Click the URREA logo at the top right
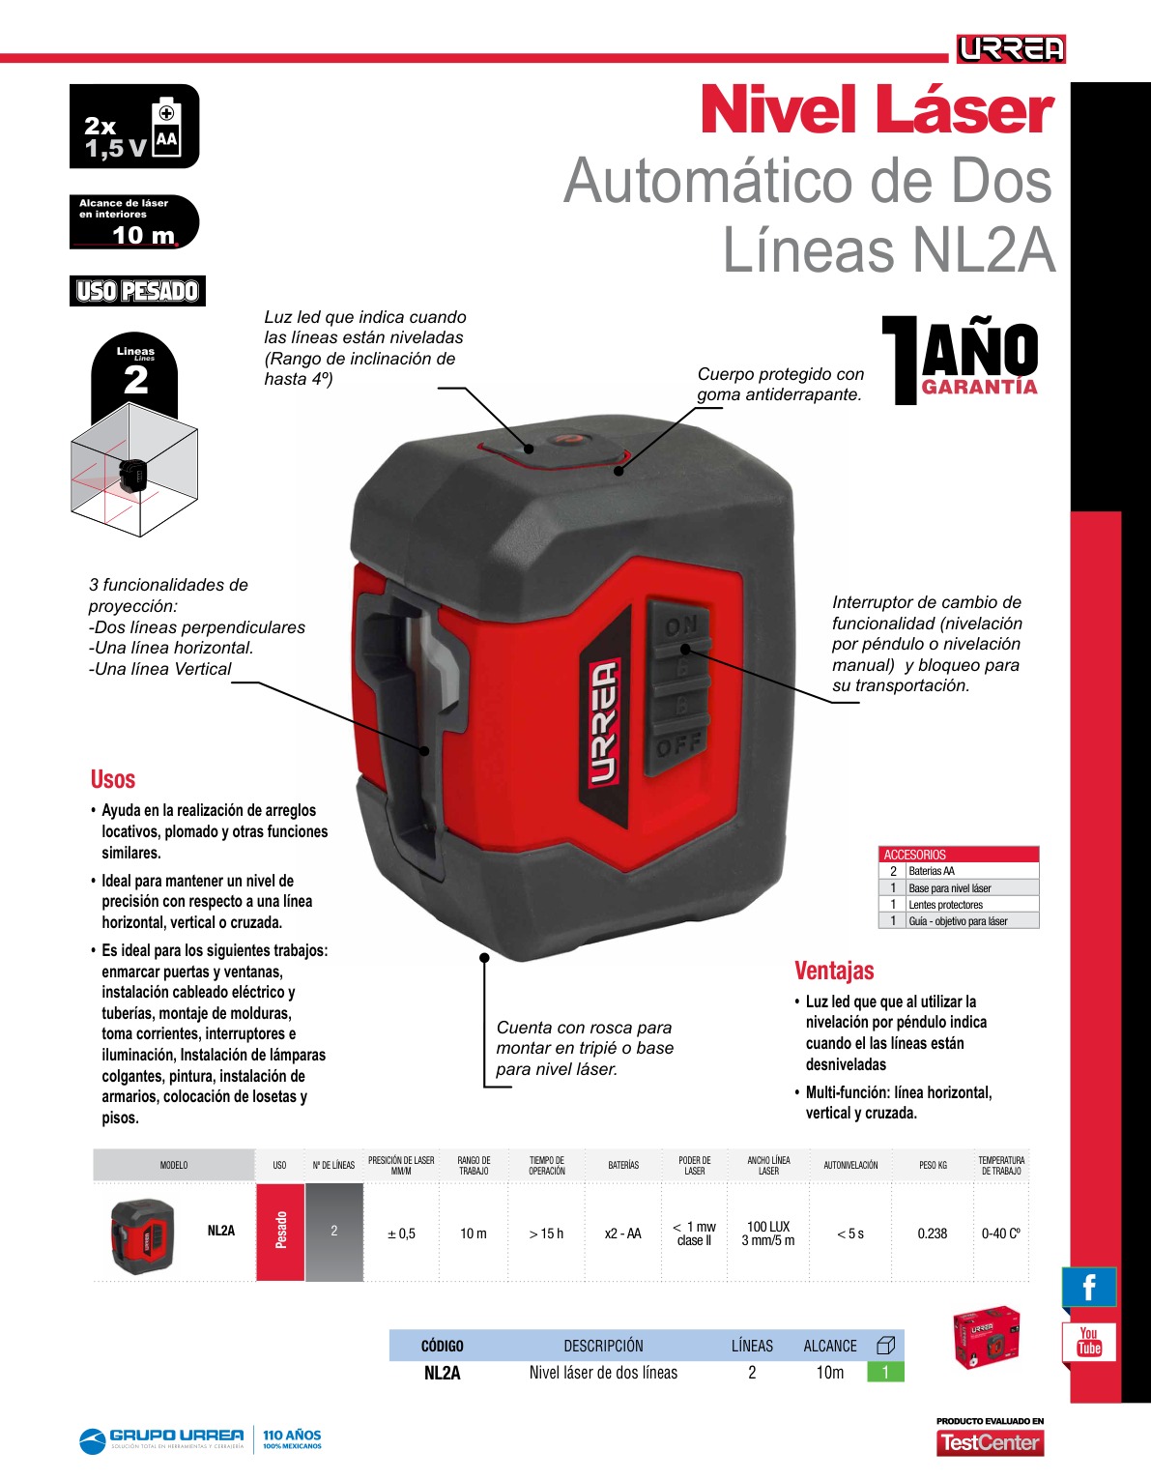(1011, 48)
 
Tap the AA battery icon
(167, 128)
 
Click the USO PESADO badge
(137, 291)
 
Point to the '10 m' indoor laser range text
(144, 235)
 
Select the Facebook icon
(1089, 1287)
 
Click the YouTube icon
(1089, 1342)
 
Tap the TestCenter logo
(990, 1442)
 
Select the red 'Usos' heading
(113, 779)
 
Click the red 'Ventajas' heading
(834, 971)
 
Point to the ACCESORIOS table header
(959, 855)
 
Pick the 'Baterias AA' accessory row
(959, 870)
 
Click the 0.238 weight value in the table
(932, 1233)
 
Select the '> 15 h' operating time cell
(546, 1233)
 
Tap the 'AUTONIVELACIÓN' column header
(850, 1165)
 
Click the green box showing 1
(885, 1372)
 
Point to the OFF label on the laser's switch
(678, 746)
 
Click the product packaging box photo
(987, 1336)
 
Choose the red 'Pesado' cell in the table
(280, 1233)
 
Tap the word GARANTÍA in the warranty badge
(980, 387)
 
